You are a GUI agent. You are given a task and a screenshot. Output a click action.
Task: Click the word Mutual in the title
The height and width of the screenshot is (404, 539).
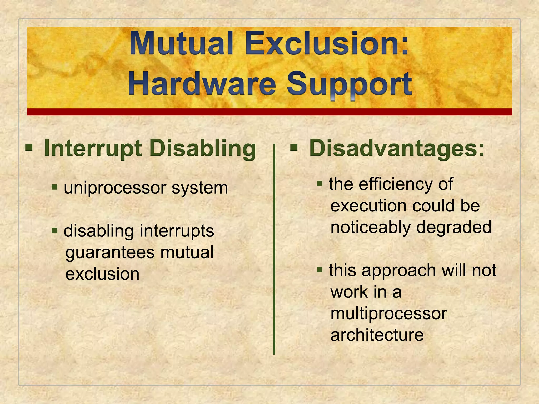tap(181, 43)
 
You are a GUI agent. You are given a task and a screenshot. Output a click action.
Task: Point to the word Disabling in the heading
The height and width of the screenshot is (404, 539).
tap(203, 149)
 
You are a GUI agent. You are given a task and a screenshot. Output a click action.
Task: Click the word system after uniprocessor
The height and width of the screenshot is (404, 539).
tap(200, 188)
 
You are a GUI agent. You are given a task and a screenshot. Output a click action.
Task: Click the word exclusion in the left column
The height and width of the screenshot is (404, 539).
tap(102, 274)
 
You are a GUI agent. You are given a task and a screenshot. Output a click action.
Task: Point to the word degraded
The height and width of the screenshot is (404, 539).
tap(454, 227)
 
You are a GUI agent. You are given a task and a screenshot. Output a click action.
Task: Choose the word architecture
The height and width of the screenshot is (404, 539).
tap(377, 335)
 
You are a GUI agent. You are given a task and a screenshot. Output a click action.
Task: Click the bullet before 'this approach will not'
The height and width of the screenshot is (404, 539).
tap(320, 269)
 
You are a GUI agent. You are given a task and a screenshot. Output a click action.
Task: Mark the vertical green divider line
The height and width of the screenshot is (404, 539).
tap(274, 250)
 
